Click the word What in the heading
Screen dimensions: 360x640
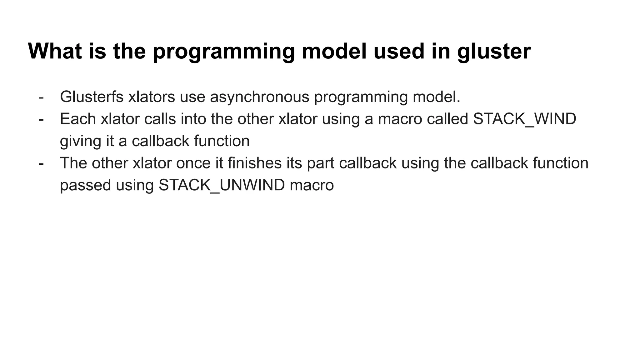tap(55, 51)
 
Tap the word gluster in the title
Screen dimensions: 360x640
tap(494, 52)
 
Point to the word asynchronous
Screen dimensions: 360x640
tap(259, 97)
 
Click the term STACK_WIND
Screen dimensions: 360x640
tap(524, 119)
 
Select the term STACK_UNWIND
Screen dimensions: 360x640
tap(222, 185)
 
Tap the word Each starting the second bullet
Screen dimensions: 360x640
tap(78, 119)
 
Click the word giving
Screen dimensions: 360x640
tap(80, 141)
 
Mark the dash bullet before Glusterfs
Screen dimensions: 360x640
tap(41, 97)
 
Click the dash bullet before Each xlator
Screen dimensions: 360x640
tap(41, 119)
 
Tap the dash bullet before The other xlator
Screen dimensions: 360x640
tap(41, 163)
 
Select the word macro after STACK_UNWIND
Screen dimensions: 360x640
tap(312, 185)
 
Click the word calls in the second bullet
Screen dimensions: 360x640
tap(160, 119)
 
